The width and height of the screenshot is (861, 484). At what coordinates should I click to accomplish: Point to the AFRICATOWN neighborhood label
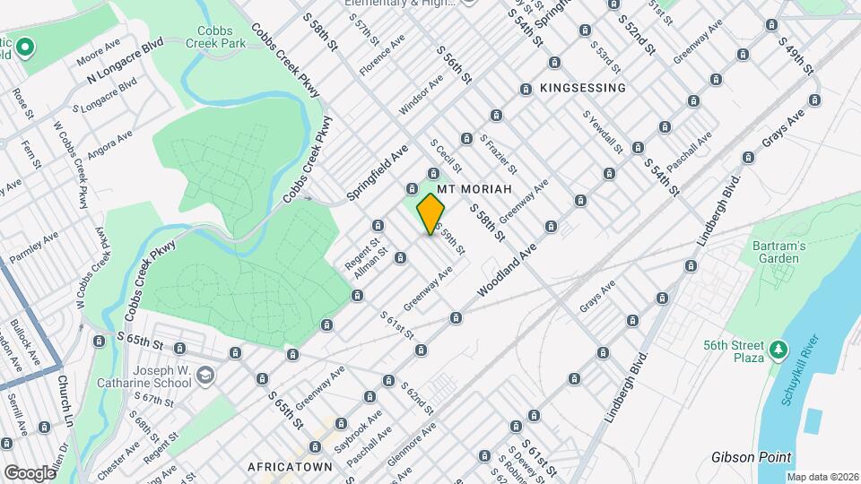click(290, 467)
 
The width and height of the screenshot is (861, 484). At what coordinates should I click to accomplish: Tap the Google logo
click(29, 472)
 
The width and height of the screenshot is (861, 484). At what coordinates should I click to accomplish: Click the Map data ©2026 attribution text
click(822, 477)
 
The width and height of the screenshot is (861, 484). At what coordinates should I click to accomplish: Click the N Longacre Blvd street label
click(125, 60)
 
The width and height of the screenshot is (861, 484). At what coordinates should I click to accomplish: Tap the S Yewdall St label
click(602, 131)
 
